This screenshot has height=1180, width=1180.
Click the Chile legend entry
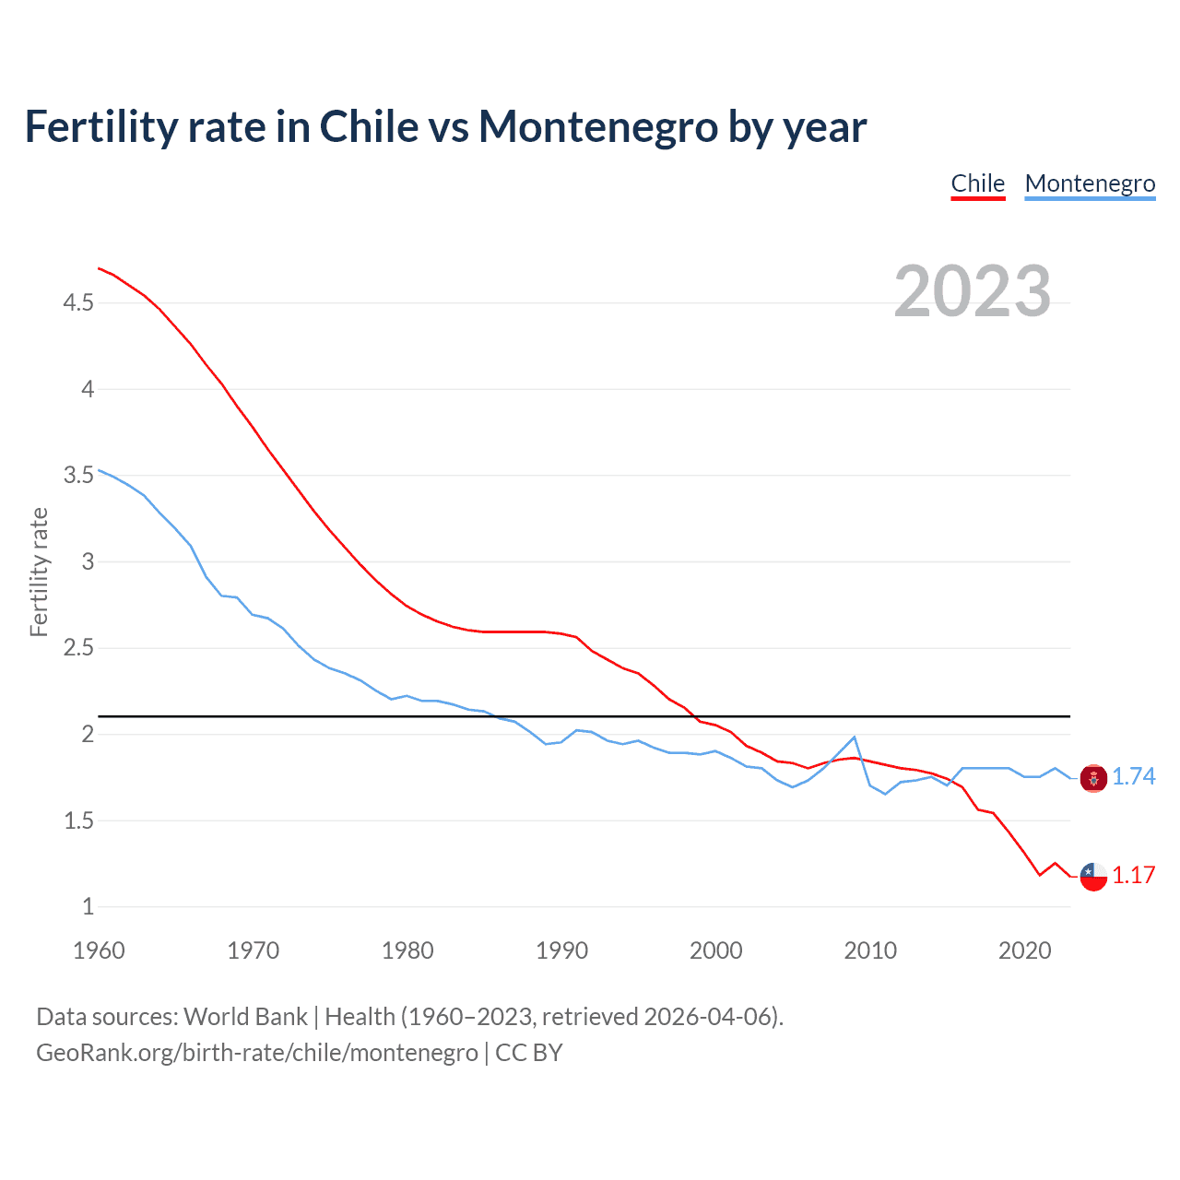(x=977, y=183)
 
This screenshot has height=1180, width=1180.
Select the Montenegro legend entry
(x=1090, y=183)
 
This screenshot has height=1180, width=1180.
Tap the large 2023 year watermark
(x=973, y=291)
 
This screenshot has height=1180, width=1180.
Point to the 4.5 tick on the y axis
(x=78, y=302)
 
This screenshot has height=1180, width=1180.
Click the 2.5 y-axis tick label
(x=78, y=648)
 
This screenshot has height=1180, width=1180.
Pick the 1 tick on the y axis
(x=88, y=907)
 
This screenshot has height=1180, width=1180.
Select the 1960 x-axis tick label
(x=99, y=950)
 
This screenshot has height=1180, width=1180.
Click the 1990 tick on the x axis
(x=561, y=950)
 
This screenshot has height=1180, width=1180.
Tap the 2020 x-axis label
(x=1024, y=950)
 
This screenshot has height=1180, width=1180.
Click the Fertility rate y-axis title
(x=39, y=572)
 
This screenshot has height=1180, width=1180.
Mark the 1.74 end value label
(x=1133, y=777)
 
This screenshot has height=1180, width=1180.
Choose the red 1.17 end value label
(x=1133, y=876)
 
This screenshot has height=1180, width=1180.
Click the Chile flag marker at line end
(x=1093, y=877)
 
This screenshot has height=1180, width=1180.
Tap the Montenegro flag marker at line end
(x=1093, y=778)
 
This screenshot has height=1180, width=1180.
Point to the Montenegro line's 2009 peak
(x=855, y=737)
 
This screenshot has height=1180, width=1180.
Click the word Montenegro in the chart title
(x=597, y=126)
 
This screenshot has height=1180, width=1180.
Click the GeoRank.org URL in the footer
(x=256, y=1053)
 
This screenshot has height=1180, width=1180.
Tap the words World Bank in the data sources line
(x=245, y=1017)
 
